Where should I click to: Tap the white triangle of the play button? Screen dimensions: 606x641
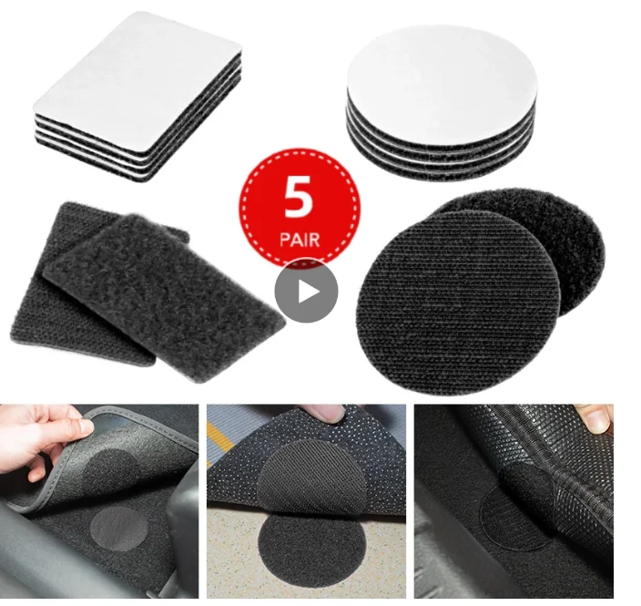(x=307, y=292)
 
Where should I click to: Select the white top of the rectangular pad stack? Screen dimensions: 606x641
(x=137, y=73)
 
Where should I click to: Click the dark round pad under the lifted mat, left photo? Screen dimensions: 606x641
(x=114, y=469)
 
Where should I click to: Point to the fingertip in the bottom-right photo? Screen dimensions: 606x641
(x=595, y=420)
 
